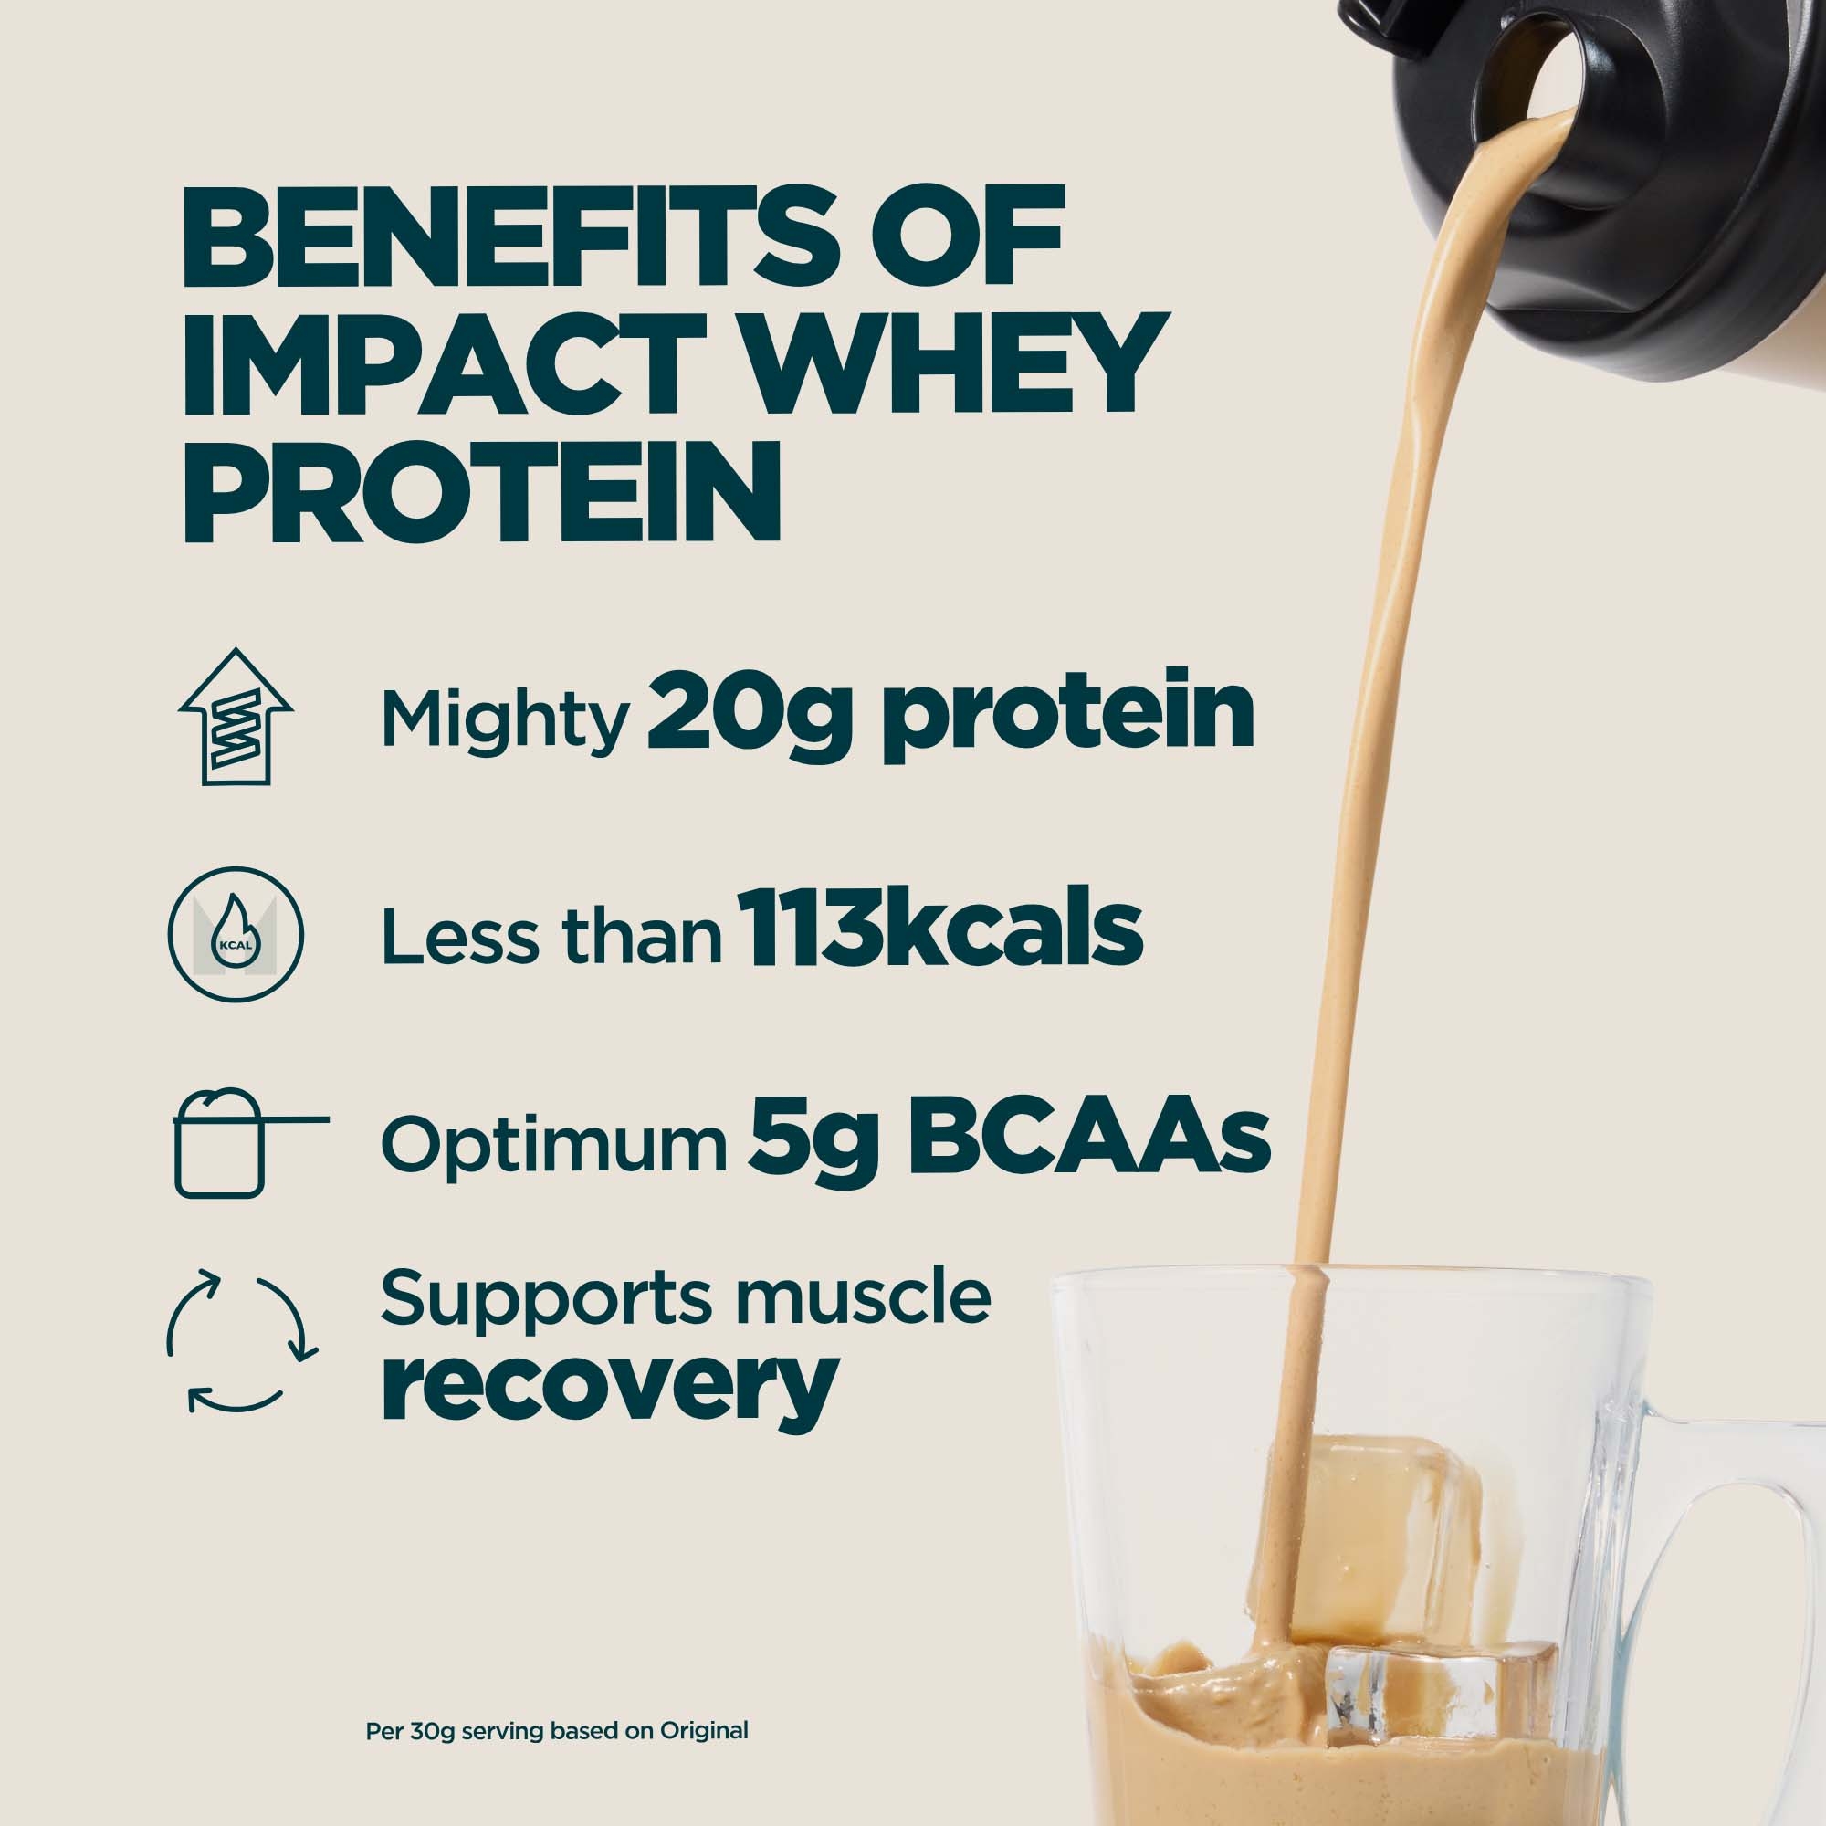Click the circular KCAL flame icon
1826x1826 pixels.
click(x=236, y=933)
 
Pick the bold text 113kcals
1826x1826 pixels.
click(x=944, y=930)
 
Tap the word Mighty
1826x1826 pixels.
click(x=505, y=719)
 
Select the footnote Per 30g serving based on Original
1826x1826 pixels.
click(x=557, y=1730)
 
